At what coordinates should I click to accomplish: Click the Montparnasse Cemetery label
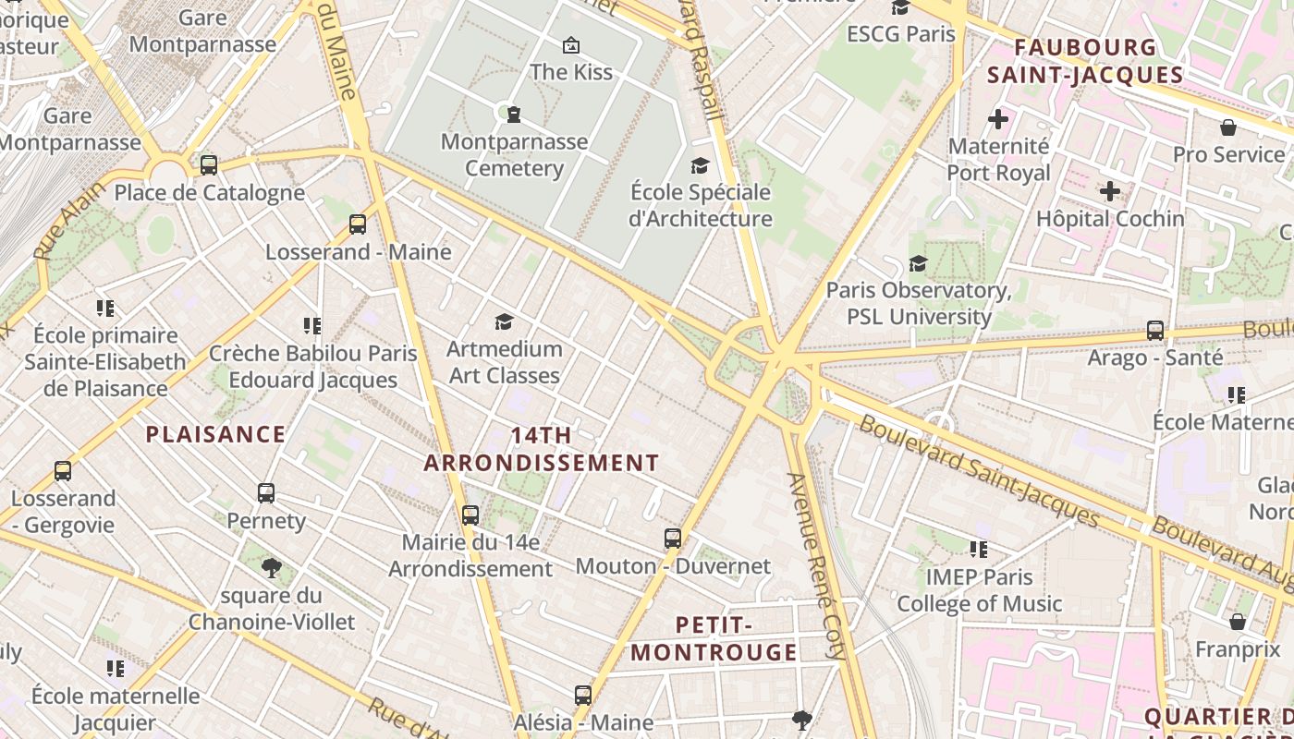(514, 155)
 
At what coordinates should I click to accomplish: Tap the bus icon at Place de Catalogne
(209, 165)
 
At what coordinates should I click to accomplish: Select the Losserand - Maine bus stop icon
(358, 224)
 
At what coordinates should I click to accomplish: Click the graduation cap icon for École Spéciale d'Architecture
(701, 165)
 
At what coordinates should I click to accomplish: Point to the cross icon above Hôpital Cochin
(1110, 191)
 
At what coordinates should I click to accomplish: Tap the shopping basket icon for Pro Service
(1228, 127)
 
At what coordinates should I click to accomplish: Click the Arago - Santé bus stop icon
(1155, 331)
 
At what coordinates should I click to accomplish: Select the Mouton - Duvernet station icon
(673, 539)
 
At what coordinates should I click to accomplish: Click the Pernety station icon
(266, 493)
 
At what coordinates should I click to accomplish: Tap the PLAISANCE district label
(215, 434)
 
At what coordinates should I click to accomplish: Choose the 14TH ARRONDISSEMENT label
(542, 449)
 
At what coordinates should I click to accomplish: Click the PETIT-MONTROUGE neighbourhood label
(714, 638)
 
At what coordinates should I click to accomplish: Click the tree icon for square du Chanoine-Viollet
(271, 567)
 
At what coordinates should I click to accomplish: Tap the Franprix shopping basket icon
(1238, 622)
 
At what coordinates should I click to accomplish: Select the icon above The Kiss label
(571, 44)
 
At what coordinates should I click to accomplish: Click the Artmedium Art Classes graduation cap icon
(504, 321)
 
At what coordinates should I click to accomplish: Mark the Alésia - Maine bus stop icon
(583, 696)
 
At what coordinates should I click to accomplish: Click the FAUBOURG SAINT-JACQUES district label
(1085, 61)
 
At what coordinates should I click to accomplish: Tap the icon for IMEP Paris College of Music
(979, 551)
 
